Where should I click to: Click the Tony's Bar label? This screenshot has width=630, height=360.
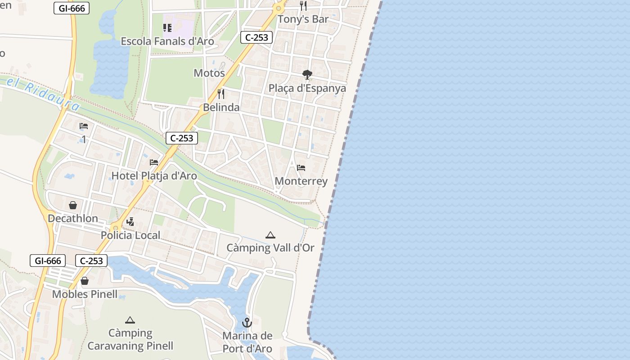303,19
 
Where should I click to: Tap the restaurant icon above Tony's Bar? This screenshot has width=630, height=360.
303,6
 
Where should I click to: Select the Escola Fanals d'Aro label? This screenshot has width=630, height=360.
167,41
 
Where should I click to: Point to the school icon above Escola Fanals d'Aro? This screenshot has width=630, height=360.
167,28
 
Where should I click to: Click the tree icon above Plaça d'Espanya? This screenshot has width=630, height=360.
307,74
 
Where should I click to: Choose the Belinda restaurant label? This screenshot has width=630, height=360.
221,108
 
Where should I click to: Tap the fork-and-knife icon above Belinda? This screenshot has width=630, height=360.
221,94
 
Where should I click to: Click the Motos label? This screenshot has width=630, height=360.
209,73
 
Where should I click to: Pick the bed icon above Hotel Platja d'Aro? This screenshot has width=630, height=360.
154,162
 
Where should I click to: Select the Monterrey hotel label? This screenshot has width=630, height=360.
301,181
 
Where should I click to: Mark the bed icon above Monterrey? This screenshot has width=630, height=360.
301,168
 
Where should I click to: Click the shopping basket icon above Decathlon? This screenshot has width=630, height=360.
73,205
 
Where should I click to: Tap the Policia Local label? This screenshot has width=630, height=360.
130,235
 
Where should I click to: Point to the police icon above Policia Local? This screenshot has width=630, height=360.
130,222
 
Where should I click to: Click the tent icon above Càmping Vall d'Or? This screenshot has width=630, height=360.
270,235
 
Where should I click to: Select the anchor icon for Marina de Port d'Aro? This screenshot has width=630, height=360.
247,323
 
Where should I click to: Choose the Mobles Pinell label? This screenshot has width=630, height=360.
85,294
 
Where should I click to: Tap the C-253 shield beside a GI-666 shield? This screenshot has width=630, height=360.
91,261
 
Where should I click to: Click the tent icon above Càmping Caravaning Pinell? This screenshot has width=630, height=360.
130,320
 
